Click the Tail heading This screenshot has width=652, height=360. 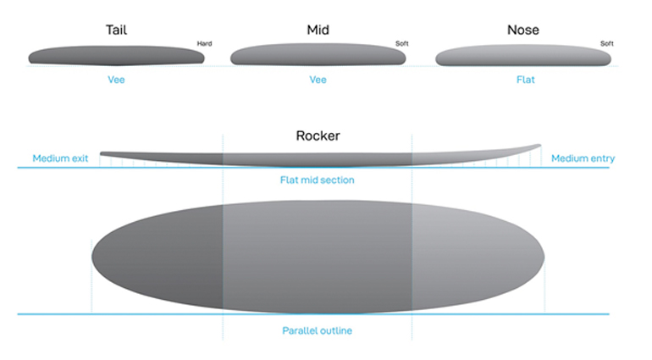coord(116,30)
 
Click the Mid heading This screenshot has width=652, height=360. coord(318,30)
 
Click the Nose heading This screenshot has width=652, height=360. coord(523,30)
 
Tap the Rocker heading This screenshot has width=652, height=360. coord(318,136)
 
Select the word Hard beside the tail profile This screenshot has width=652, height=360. coord(204,43)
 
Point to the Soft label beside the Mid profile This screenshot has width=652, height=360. coord(401,43)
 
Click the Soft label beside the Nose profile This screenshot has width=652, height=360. coord(606,43)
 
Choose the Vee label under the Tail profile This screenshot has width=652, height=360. coord(116,80)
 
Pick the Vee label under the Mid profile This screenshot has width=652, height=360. coord(318,80)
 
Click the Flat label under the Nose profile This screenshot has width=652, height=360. coord(526,80)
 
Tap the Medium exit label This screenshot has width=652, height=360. coord(60,158)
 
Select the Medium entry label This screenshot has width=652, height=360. coord(583,158)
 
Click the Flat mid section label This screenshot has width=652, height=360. coord(318,180)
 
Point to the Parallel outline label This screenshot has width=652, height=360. coord(318,330)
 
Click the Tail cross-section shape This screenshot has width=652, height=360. coord(117,56)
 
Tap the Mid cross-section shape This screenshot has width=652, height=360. coord(318,54)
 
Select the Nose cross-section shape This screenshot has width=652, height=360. coord(523,55)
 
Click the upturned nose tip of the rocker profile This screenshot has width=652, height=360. coord(539,145)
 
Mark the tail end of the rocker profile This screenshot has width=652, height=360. coord(101,153)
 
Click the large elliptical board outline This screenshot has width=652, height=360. coord(318,257)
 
